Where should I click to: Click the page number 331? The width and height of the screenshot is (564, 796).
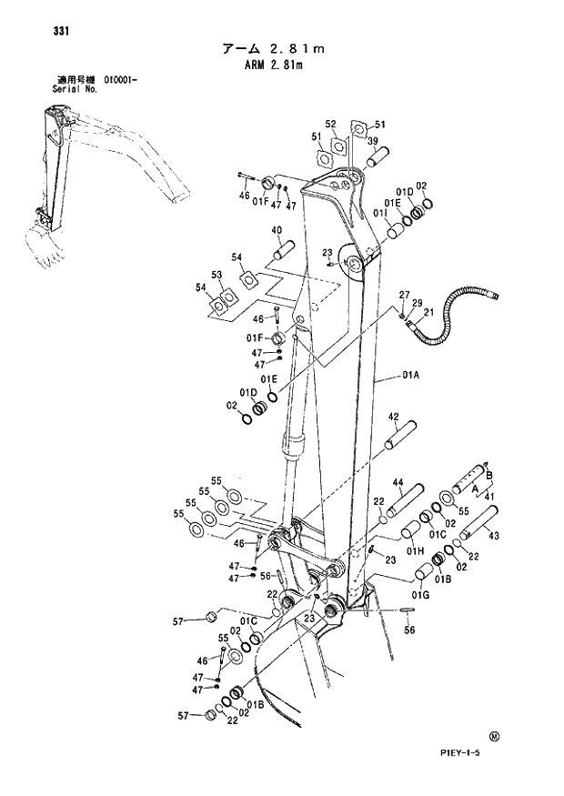click(36, 31)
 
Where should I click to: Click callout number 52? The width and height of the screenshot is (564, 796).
click(331, 124)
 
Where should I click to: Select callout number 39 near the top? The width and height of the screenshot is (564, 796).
click(372, 139)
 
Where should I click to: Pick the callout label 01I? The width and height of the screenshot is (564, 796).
click(378, 212)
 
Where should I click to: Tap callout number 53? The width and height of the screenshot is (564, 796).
click(217, 274)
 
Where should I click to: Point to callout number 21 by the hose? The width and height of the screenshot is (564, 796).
click(428, 312)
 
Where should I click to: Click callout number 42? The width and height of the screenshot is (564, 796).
click(394, 417)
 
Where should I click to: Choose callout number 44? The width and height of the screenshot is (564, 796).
click(398, 482)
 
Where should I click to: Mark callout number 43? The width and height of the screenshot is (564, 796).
click(494, 536)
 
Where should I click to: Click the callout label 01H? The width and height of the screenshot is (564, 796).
click(416, 550)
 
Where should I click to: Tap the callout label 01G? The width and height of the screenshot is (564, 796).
click(419, 595)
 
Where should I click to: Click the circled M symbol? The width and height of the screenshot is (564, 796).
click(494, 736)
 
